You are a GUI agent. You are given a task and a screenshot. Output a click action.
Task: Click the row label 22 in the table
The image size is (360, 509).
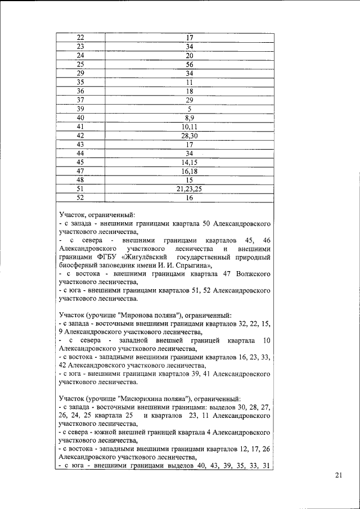tap(80, 38)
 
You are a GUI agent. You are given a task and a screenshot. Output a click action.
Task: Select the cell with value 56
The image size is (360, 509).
tap(190, 65)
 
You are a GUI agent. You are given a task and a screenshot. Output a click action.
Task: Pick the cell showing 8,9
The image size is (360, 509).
tap(190, 118)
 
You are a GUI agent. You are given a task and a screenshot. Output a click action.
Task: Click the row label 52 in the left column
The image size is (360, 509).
tap(80, 199)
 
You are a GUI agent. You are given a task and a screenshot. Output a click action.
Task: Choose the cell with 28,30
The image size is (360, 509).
tap(190, 136)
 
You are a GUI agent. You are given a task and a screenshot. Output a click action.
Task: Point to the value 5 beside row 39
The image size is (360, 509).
tap(190, 109)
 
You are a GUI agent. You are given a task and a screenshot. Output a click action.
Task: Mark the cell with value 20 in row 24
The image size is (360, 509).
tap(190, 56)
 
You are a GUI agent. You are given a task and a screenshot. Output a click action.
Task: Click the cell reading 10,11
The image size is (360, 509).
tap(190, 127)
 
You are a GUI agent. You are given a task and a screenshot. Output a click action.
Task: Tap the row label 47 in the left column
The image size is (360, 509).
tap(80, 172)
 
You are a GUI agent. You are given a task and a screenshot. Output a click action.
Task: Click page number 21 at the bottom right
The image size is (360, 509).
tap(338, 476)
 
